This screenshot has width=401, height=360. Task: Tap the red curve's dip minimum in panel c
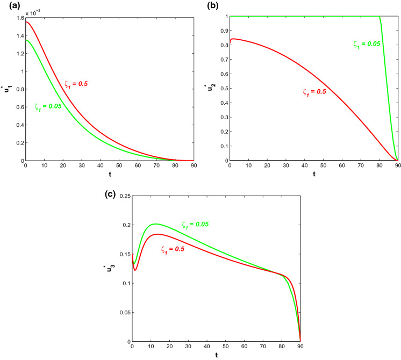[x=135, y=270]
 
